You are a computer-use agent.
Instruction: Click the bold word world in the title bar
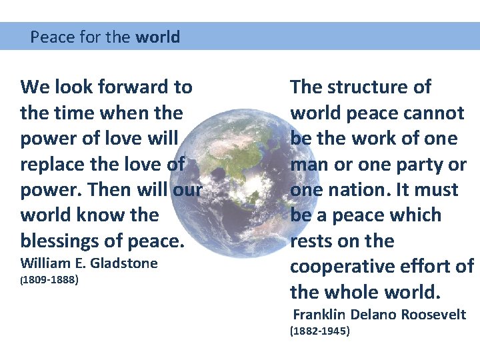tap(157, 37)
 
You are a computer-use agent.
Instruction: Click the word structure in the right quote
tap(367, 87)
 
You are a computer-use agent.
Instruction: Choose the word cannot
tap(432, 113)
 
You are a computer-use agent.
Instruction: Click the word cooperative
tap(343, 266)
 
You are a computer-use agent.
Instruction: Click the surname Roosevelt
tap(435, 315)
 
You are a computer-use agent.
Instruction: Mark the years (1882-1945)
tap(319, 331)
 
